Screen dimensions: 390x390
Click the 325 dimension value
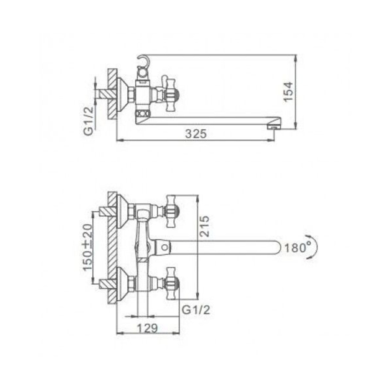(x=196, y=134)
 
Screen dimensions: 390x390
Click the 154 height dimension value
(x=288, y=91)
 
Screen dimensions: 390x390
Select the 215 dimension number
(x=204, y=226)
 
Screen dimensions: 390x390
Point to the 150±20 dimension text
(x=88, y=247)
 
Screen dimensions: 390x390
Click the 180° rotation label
(x=297, y=247)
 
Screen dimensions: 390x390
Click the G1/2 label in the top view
(x=89, y=121)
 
